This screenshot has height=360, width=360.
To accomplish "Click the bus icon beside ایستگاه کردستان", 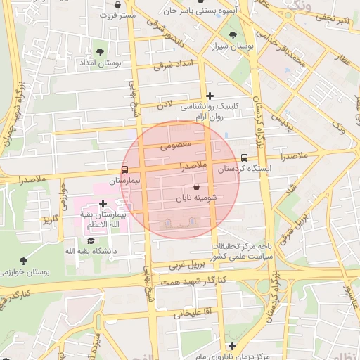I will pyautogui.click(x=244, y=157).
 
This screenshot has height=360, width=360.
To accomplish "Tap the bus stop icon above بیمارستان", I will pyautogui.click(x=124, y=169).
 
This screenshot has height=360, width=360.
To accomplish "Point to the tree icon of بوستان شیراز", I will pyautogui.click(x=233, y=34).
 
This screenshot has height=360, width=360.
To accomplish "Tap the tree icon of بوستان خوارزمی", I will pyautogui.click(x=23, y=260).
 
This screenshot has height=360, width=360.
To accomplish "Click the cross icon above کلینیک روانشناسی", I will pyautogui.click(x=210, y=96).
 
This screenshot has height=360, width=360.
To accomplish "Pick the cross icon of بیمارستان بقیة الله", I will pyautogui.click(x=103, y=202).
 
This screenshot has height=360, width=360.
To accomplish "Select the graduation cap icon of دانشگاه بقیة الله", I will pyautogui.click(x=91, y=240).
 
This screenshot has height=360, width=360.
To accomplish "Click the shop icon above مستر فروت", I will pyautogui.click(x=117, y=4).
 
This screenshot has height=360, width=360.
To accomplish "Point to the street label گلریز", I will pyautogui.click(x=49, y=219).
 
